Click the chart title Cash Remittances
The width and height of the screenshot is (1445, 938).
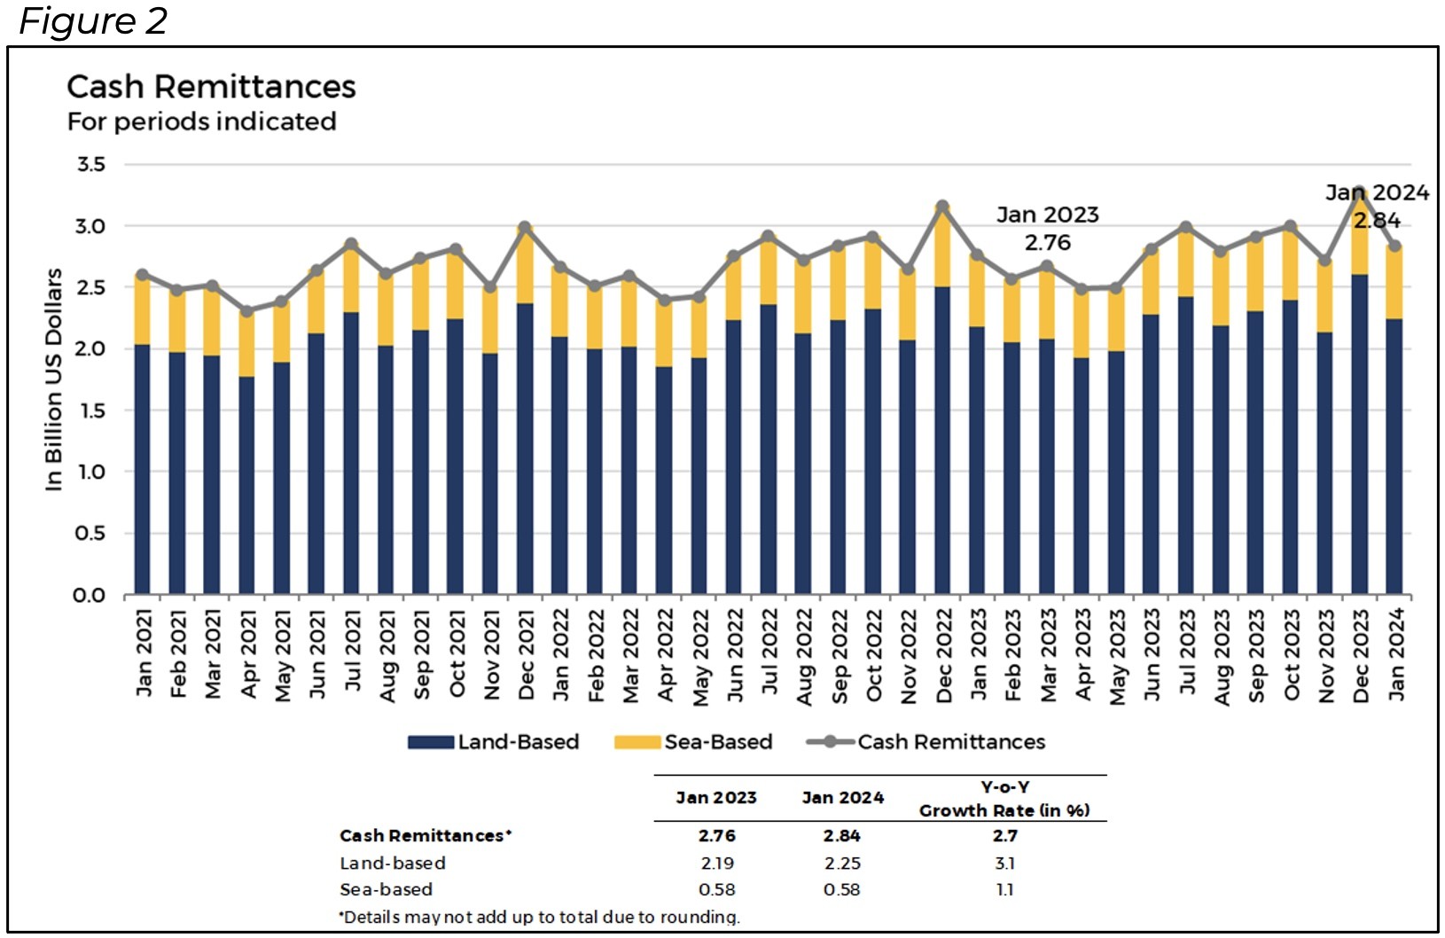coord(211,87)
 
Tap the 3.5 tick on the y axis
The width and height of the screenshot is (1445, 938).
coord(90,165)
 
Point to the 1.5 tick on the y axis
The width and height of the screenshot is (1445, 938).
coord(90,410)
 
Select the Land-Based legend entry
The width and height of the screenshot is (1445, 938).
coord(494,742)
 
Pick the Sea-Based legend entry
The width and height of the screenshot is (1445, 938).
coord(693,742)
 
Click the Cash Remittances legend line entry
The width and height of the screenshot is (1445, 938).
coord(926,742)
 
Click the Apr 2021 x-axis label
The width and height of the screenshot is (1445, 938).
coord(247,654)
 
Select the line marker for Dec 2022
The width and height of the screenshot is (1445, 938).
coord(942,207)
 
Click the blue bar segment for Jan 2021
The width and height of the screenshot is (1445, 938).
coord(142,470)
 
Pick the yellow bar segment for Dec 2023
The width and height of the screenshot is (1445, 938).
coord(1359,235)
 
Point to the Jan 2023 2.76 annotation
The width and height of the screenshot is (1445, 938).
coord(1047,228)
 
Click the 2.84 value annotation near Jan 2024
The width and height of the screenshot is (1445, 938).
coord(1377,221)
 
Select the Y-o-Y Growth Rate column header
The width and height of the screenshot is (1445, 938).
coord(1004,799)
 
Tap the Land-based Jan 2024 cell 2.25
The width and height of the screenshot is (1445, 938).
coord(841,863)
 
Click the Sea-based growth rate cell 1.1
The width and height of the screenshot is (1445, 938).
coord(1004,889)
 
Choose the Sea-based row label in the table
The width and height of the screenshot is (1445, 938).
coord(387,889)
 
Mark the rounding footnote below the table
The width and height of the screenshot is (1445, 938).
coord(539,917)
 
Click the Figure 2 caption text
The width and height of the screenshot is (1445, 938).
coord(93,21)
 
